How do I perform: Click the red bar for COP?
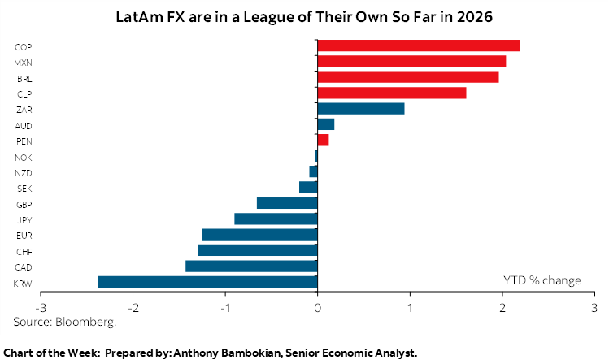419,46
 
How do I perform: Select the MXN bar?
411,61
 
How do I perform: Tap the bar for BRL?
408,77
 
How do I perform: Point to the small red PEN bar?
323,141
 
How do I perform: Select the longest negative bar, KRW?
207,282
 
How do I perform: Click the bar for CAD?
251,266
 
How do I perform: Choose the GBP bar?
287,203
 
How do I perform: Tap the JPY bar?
276,219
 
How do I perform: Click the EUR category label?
24,235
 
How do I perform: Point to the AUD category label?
24,125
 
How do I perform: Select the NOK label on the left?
24,157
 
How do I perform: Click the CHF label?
24,251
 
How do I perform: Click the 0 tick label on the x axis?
318,308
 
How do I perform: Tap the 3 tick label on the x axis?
594,308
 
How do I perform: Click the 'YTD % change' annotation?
542,280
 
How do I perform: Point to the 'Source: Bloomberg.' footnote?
65,322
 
